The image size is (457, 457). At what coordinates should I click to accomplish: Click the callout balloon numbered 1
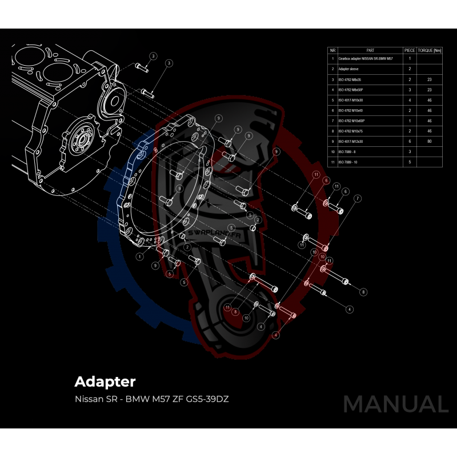click(x=139, y=257)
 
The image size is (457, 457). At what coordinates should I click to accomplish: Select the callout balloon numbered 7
click(x=358, y=198)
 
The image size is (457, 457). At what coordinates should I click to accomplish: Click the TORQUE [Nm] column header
click(x=430, y=50)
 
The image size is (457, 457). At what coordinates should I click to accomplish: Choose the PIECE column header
click(x=410, y=50)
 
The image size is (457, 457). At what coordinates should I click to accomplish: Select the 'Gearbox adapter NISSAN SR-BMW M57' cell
click(x=365, y=58)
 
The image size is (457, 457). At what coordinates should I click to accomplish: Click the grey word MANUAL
click(x=395, y=404)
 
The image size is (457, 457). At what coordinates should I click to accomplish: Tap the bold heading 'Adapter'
click(x=105, y=381)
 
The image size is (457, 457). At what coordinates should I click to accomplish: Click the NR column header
click(x=332, y=50)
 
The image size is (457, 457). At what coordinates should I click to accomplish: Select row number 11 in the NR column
click(x=332, y=162)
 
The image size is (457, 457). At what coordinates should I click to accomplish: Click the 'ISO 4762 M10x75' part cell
click(x=352, y=131)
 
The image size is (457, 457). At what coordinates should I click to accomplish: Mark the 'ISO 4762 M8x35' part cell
click(x=351, y=79)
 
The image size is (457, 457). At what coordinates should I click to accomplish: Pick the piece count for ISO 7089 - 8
click(x=410, y=152)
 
